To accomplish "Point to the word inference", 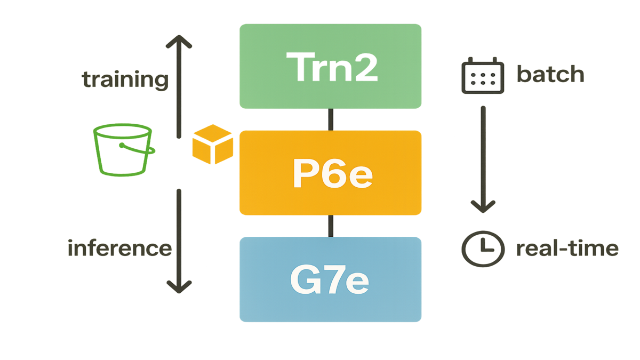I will [x=119, y=249].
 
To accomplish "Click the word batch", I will [x=550, y=75].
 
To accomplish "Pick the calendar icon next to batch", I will [x=482, y=75].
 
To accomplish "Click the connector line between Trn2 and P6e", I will [x=331, y=119].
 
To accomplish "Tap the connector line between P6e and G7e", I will [x=331, y=226].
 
